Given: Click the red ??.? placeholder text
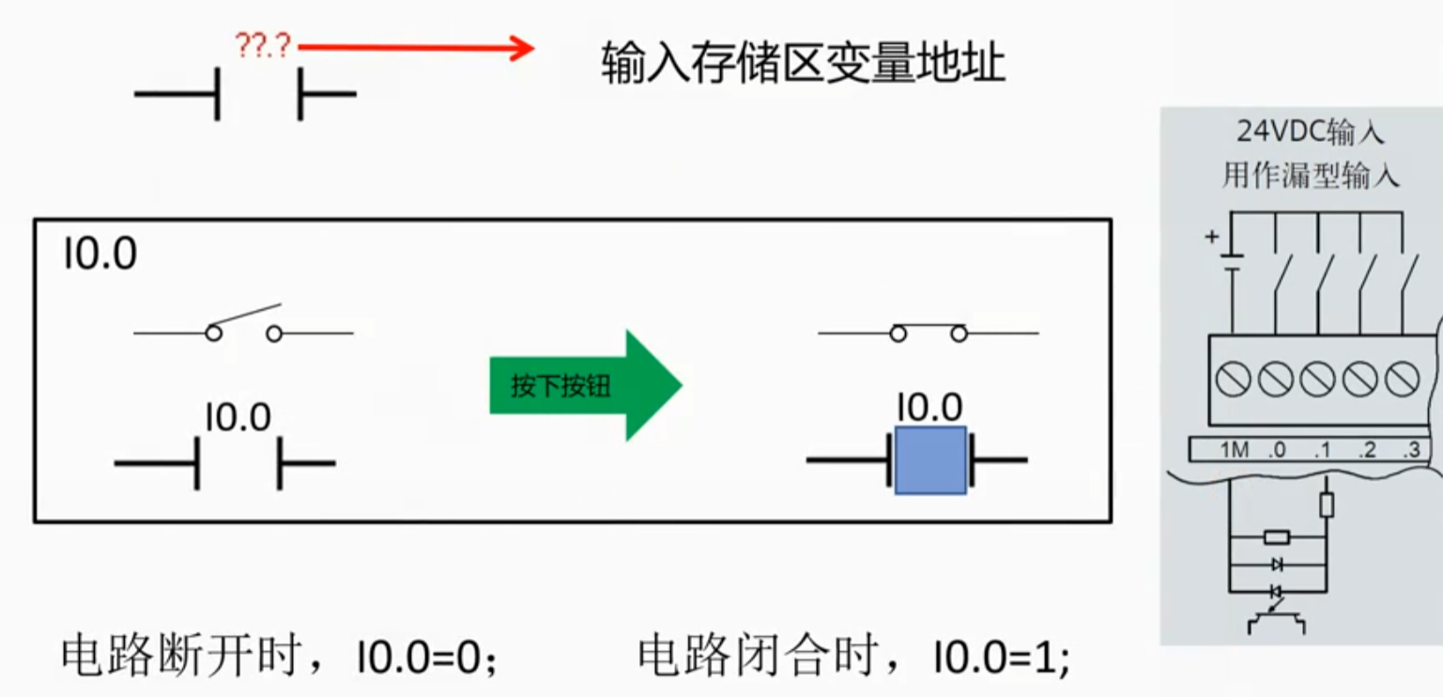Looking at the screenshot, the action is tap(263, 46).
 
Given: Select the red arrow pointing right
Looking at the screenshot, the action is tap(416, 47).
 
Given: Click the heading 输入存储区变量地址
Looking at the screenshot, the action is tap(804, 63).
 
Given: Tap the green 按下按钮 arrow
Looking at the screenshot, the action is tap(586, 385).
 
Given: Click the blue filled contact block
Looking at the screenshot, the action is tap(930, 460).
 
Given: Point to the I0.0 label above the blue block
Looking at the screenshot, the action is tap(930, 407).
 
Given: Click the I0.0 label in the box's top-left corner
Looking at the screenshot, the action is tap(100, 254).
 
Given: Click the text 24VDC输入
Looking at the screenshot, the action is tap(1311, 132).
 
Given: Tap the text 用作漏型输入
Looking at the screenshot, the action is tap(1311, 176).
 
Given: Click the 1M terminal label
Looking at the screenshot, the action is tap(1235, 449).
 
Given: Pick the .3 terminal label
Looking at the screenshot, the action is tap(1412, 449).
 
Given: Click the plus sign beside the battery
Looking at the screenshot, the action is tap(1212, 237).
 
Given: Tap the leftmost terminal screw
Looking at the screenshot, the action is tap(1233, 379).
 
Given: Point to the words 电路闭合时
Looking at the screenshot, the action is tap(757, 655).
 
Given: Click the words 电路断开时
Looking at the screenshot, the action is tap(181, 655).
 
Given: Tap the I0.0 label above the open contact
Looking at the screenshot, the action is tap(238, 417).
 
